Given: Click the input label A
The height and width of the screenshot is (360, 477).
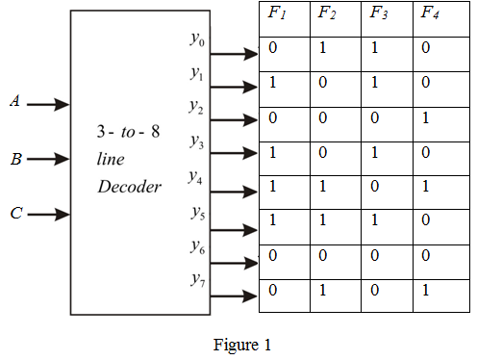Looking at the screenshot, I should click(x=14, y=101).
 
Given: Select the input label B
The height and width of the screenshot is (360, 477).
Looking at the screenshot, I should click(x=15, y=160).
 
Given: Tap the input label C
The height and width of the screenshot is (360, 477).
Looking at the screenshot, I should click(x=15, y=214).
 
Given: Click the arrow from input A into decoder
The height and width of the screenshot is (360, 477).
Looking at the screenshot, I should click(x=48, y=103).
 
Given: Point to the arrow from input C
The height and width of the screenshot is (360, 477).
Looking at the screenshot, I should click(x=48, y=216).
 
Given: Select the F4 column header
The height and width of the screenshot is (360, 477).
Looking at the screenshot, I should click(x=430, y=15).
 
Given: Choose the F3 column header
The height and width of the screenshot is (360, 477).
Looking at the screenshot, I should click(x=378, y=15).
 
